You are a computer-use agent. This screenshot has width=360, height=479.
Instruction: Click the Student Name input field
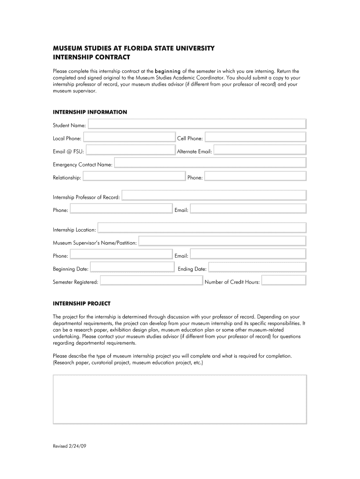coord(197,123)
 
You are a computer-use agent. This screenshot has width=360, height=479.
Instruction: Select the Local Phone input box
coord(129,137)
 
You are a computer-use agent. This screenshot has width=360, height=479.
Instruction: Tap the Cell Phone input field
coord(255,137)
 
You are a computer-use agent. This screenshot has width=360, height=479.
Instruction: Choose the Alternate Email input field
coord(260,150)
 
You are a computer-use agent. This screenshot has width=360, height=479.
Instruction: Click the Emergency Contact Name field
coord(210,163)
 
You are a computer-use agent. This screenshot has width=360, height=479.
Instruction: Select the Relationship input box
coord(134,176)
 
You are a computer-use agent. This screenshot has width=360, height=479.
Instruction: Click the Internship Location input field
coord(202,228)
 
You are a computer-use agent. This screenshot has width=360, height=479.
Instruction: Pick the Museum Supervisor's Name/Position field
coord(223,241)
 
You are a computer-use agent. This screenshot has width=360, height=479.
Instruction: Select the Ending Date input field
coord(257,268)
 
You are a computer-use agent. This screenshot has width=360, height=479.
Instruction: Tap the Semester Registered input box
coord(151,281)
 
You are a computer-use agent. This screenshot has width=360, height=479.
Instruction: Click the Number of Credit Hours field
coord(283,281)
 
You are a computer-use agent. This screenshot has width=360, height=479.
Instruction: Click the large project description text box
coord(180,399)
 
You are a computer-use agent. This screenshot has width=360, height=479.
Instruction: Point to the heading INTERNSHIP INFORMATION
coord(90,112)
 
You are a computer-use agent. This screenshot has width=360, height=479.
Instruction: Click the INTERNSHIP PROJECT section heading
coord(81,304)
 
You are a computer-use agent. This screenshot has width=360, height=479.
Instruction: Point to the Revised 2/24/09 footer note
coord(70,446)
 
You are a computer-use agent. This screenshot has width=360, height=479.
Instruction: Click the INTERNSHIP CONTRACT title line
coord(91,58)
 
